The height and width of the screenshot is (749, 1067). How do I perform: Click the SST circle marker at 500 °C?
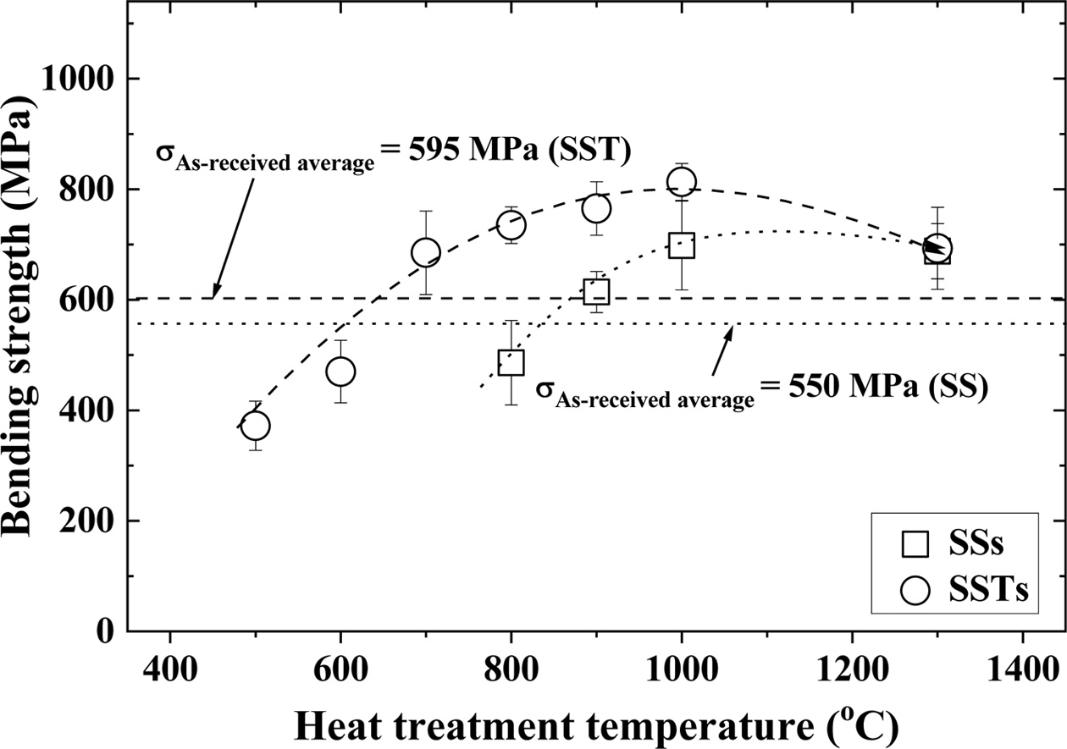pos(255,426)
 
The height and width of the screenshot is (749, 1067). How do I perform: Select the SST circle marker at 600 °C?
pos(340,372)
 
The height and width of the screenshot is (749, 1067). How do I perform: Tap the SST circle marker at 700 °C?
pos(425,252)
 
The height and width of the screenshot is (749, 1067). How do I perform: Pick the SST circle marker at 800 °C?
pos(511,225)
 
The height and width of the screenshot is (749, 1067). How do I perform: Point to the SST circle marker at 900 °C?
pos(596,208)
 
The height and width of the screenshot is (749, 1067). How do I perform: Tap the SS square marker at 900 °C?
pos(596,292)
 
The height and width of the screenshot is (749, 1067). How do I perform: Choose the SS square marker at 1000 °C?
pos(682,245)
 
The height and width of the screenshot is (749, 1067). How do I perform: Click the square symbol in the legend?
pos(915,543)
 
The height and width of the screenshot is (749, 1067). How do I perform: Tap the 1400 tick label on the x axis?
pos(1023,659)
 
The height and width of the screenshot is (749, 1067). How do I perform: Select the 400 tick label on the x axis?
pos(170,659)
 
